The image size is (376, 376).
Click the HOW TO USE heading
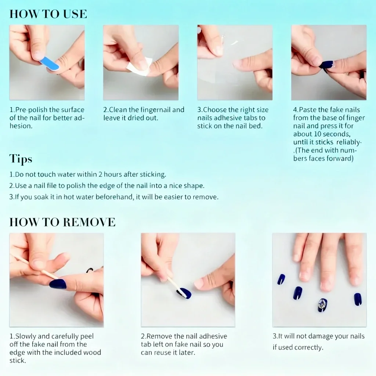tap(48, 14)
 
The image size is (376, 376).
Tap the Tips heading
tap(21, 159)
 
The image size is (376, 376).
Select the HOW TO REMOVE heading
tap(62, 222)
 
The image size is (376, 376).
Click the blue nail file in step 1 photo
tap(50, 64)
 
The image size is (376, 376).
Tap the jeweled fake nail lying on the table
tap(322, 305)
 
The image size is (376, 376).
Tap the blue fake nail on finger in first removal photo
tap(58, 284)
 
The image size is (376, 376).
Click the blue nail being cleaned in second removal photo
tap(185, 293)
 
